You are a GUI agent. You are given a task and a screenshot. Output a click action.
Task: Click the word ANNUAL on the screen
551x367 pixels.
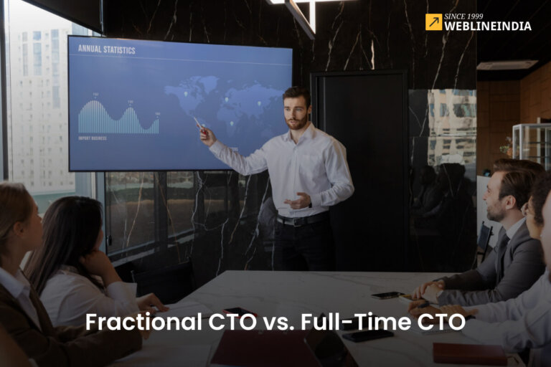[x=89, y=50]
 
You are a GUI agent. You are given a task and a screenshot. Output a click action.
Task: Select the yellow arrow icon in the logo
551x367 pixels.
[x=433, y=22]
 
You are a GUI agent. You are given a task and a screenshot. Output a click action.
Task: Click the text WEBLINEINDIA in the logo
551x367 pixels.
[x=488, y=27]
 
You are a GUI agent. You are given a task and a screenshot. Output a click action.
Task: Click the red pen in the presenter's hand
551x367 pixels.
[x=198, y=123]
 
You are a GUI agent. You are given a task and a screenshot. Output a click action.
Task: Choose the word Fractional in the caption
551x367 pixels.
[x=134, y=323]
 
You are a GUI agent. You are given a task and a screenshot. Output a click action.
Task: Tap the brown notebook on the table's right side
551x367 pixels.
[x=469, y=353]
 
